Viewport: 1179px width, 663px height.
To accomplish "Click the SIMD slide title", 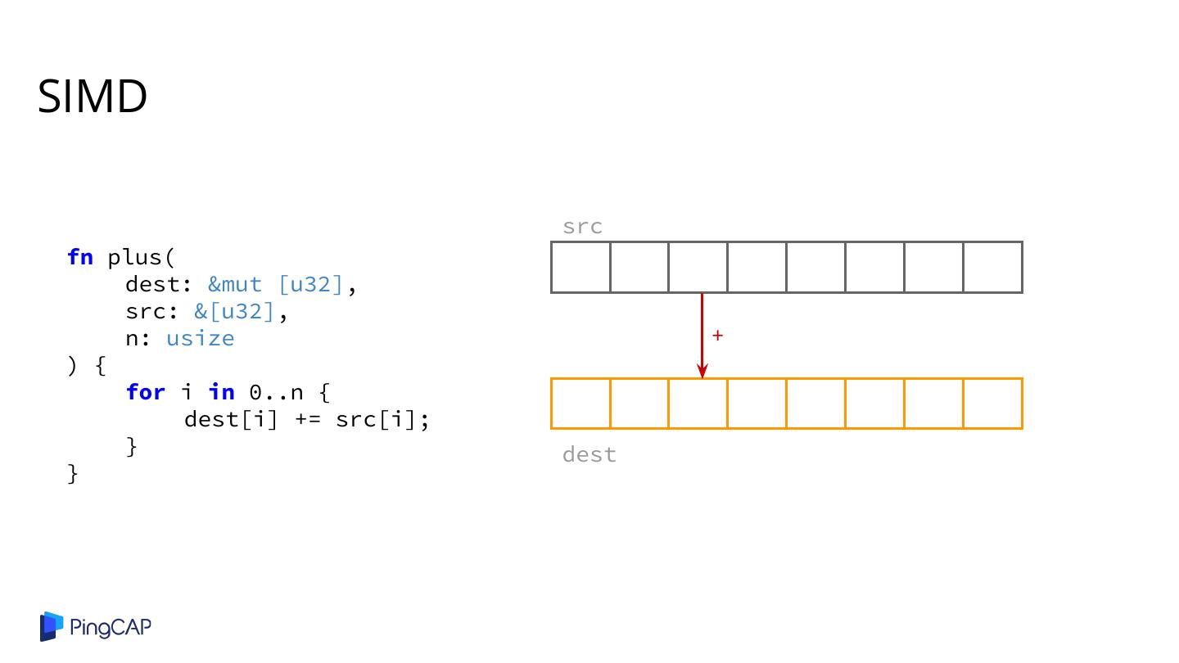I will click(93, 97).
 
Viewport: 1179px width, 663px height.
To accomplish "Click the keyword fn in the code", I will click(80, 257).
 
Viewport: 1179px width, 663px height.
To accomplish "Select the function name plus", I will click(137, 257).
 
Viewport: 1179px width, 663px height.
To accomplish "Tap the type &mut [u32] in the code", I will click(274, 284).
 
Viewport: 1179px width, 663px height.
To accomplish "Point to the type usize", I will click(200, 338).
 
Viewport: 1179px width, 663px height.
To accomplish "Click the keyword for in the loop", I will click(146, 392).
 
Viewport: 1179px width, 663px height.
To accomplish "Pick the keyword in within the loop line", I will click(221, 392).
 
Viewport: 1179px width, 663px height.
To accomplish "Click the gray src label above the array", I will click(582, 227).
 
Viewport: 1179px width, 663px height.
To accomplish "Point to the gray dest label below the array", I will click(589, 454).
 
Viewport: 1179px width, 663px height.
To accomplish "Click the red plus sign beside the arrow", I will click(717, 336).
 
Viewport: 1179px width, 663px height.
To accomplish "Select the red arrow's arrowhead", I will click(702, 372).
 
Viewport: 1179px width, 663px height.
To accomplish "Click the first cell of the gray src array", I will click(580, 267).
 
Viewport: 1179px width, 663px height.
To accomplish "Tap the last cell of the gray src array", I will click(992, 267).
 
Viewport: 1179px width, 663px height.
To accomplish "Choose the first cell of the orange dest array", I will click(580, 404).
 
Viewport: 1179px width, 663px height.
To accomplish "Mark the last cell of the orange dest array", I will click(992, 404).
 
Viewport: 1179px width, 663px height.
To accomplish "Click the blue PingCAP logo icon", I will click(52, 627).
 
